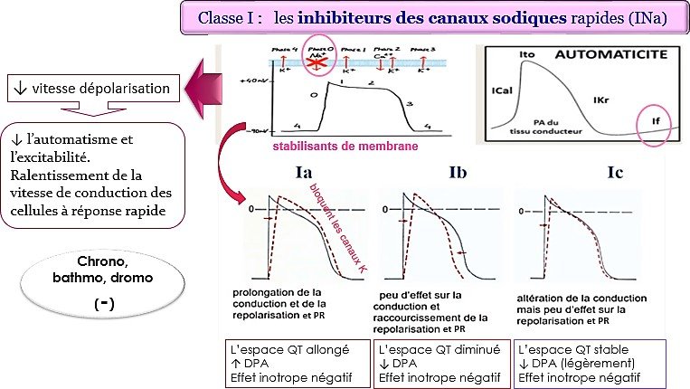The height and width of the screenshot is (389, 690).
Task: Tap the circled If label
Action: tap(645, 119)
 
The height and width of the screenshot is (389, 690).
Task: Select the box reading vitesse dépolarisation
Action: tap(90, 89)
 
